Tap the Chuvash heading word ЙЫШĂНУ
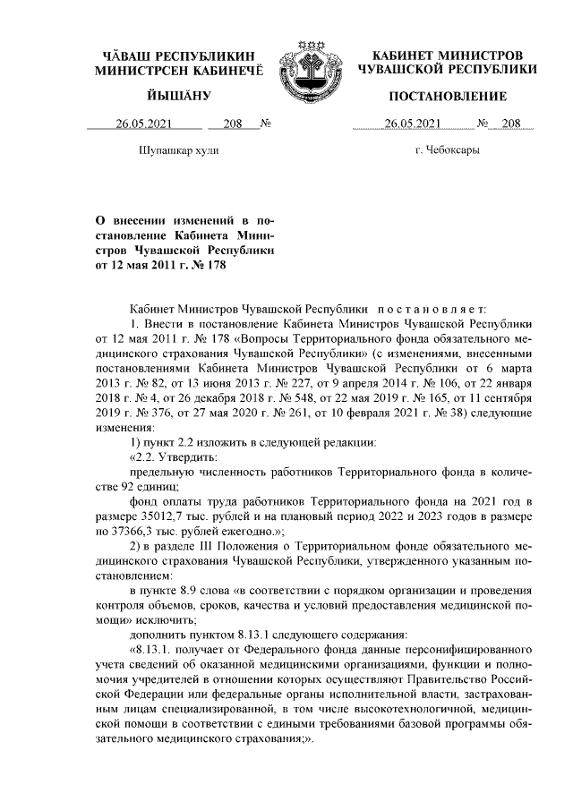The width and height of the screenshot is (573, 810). (179, 96)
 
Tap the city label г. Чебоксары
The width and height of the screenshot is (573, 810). (448, 150)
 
